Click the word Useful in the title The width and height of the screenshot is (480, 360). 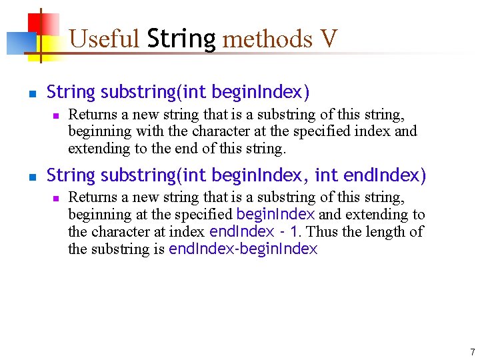point(104,39)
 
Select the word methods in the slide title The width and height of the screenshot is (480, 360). point(267,39)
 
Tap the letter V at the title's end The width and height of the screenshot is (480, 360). point(329,39)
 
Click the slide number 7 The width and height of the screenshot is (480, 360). point(472,352)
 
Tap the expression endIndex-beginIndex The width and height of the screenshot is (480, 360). point(243,249)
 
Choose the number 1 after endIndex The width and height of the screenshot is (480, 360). point(294,232)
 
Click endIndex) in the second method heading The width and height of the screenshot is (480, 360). point(385,175)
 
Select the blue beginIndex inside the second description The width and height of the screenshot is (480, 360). point(275,215)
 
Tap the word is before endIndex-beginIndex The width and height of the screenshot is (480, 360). point(159,249)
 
